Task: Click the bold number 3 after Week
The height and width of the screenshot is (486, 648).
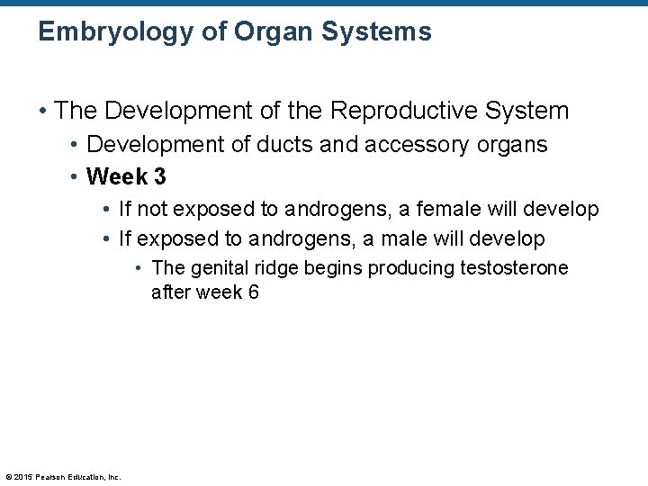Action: click(159, 176)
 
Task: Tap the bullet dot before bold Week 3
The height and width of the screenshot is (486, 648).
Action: click(76, 176)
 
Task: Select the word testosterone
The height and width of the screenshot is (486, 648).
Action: click(514, 268)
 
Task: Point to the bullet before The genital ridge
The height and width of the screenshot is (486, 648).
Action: click(140, 268)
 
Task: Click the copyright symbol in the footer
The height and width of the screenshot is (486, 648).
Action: click(9, 477)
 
